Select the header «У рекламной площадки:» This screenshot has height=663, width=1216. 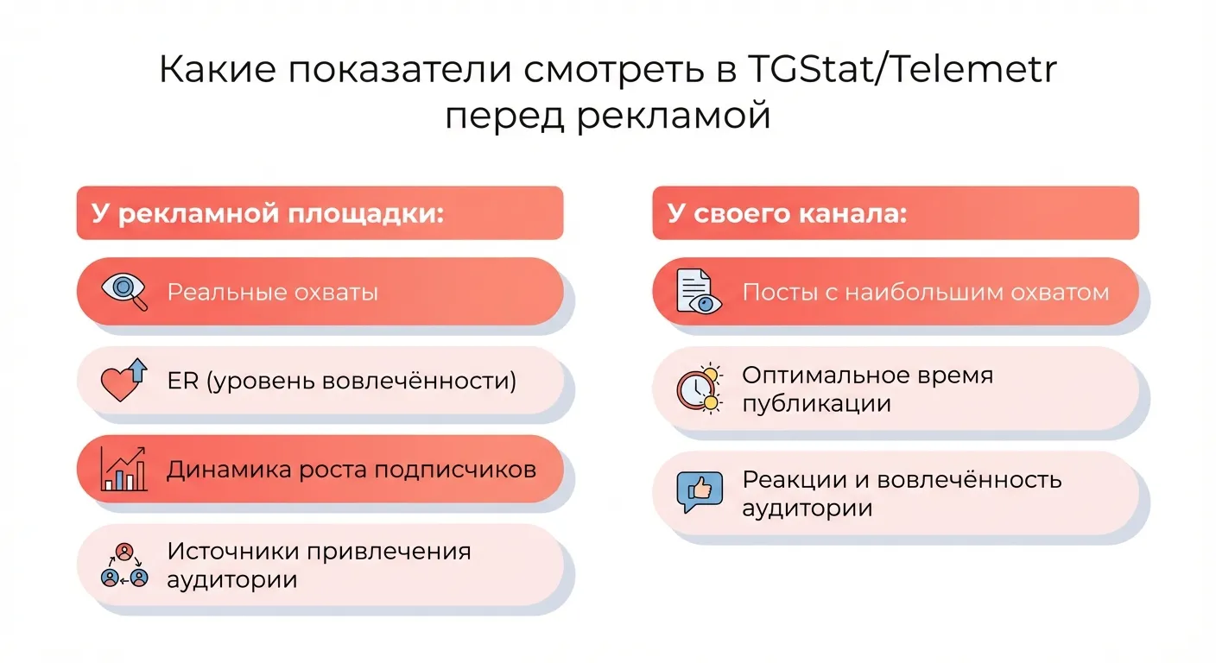click(x=268, y=213)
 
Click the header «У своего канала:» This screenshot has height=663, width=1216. click(x=787, y=213)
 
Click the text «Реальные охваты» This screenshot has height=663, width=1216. click(x=273, y=292)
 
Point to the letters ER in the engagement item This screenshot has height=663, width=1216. click(x=182, y=381)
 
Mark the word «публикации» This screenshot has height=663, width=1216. click(x=816, y=403)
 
